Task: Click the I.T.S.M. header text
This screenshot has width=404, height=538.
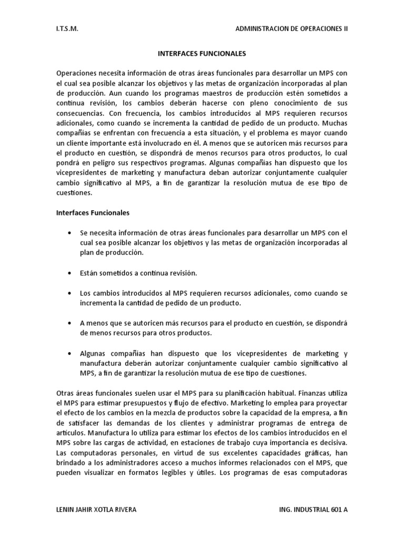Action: pos(67,29)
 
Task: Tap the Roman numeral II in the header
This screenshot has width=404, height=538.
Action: pos(345,29)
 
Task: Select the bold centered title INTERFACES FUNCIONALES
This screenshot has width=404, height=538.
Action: pos(202,54)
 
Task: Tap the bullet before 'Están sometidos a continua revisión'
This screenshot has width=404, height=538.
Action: pos(69,273)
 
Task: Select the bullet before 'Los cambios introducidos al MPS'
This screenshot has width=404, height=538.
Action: pos(69,293)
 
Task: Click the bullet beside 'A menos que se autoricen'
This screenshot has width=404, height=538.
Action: pos(69,323)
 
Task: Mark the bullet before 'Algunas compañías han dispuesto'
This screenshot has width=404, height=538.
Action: pos(69,354)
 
